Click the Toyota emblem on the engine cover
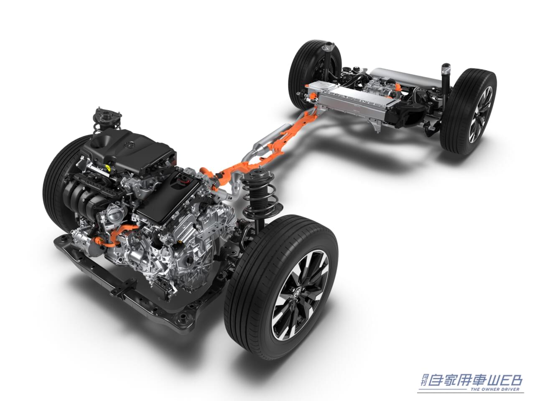coord(129,145)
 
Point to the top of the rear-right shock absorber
coord(446,67)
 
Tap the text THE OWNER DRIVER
coord(495,389)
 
